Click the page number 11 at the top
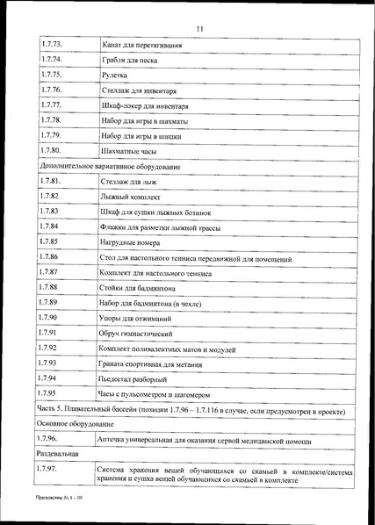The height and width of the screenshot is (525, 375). pos(200,31)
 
